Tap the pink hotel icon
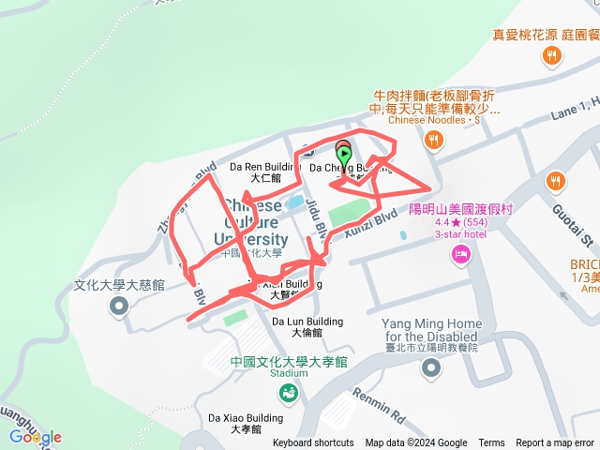coord(460,253)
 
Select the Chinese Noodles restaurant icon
coord(432,141)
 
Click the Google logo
coord(36,437)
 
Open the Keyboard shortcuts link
coord(313,443)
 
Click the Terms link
coord(491,443)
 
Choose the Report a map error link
coord(556,443)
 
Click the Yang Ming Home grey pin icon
coord(430,367)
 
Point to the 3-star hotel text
coord(457,234)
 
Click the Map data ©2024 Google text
coord(416,443)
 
